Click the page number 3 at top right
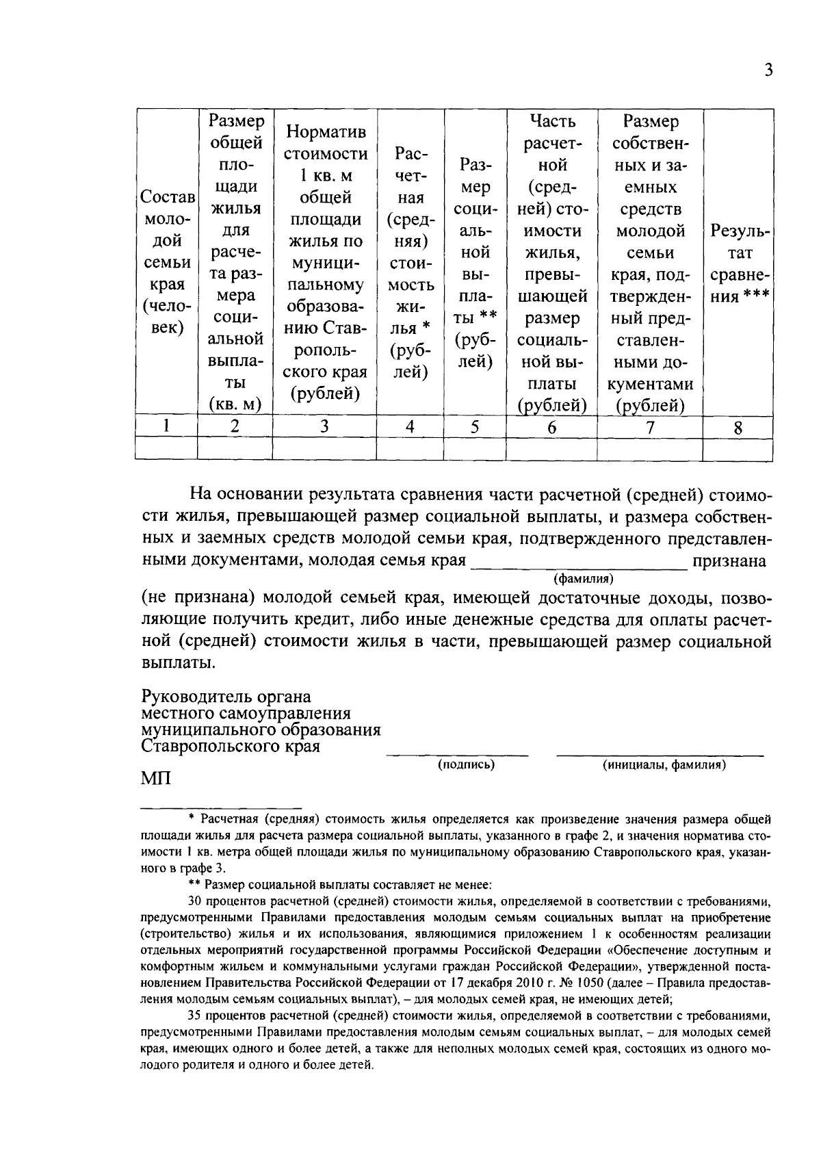coord(768,70)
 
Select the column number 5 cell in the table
coord(474,426)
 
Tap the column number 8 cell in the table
coord(738,428)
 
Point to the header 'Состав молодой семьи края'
coord(166,262)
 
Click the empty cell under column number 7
coord(649,448)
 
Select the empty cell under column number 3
coord(324,448)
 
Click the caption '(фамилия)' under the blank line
coord(584,579)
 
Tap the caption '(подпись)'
coord(466,764)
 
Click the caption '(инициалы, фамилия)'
coord(663,764)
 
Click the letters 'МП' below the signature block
coord(156,779)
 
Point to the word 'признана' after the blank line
coord(729,561)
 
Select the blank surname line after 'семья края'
coord(578,567)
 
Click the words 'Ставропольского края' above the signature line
coord(231,746)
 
